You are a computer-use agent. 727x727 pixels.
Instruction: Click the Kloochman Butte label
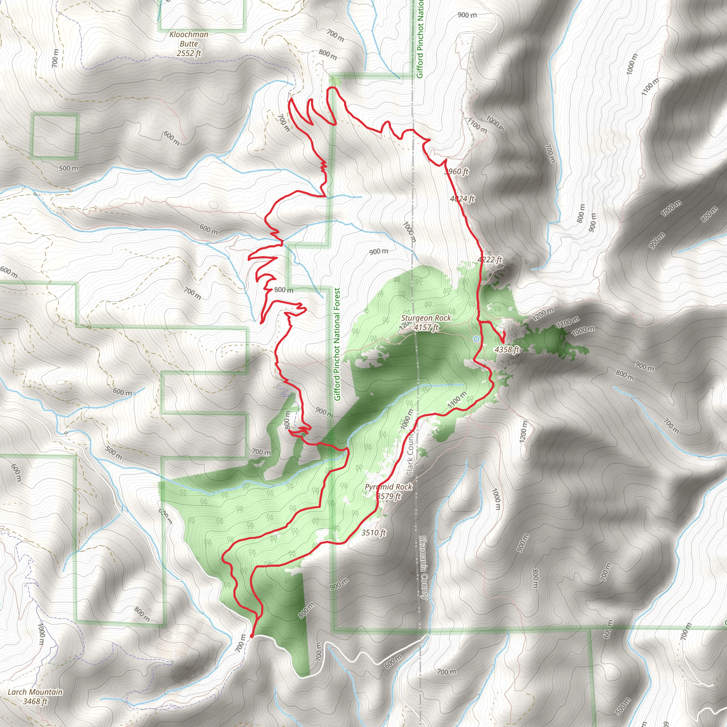click(188, 39)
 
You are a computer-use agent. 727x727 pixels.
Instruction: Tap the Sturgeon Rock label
click(426, 318)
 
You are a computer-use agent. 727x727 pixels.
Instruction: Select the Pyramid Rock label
click(388, 487)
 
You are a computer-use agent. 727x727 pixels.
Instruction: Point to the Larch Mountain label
click(35, 692)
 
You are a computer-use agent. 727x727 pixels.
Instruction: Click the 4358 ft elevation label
click(507, 350)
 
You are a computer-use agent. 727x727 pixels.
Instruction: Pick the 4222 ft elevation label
click(490, 259)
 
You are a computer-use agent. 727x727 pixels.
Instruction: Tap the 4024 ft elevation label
click(462, 198)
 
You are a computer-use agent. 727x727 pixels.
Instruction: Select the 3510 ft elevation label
click(373, 532)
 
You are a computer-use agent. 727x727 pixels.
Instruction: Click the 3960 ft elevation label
click(457, 171)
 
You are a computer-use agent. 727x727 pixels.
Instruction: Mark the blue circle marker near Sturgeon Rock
click(476, 339)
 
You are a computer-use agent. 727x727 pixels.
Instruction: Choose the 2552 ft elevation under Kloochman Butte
click(188, 54)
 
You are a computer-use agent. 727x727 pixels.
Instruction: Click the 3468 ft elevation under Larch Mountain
click(35, 701)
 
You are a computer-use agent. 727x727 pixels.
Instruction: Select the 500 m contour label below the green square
click(69, 168)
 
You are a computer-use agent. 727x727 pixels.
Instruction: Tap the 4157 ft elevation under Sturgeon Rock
click(426, 327)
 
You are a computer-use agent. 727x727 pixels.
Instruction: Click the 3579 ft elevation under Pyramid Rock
click(388, 496)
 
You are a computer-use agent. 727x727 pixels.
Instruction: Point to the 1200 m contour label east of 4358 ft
click(543, 313)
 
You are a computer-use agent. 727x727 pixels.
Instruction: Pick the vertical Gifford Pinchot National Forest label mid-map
click(337, 344)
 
